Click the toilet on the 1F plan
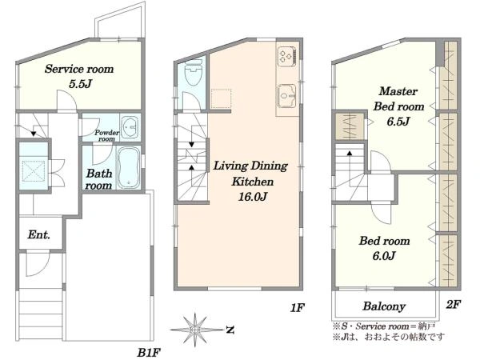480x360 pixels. coord(194,72)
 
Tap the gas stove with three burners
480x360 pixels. coord(287,56)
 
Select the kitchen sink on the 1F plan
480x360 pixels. coord(287,96)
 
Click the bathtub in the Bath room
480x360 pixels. coord(129,167)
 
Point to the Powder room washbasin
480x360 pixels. coord(130,126)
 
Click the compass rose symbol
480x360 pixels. coord(195,330)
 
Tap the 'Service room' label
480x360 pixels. coord(79,69)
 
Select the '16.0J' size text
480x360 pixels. coord(253,196)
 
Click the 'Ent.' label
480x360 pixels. coord(38,234)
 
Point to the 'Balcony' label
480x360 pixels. coord(384,306)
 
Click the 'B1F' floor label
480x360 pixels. coord(149,353)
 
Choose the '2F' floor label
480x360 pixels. coord(453,304)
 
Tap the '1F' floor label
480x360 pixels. coord(298,308)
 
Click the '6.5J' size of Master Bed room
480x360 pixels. coord(398,122)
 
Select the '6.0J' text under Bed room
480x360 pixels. coord(384,255)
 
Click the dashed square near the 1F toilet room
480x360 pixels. coord(221,98)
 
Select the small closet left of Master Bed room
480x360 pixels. coord(350,126)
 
